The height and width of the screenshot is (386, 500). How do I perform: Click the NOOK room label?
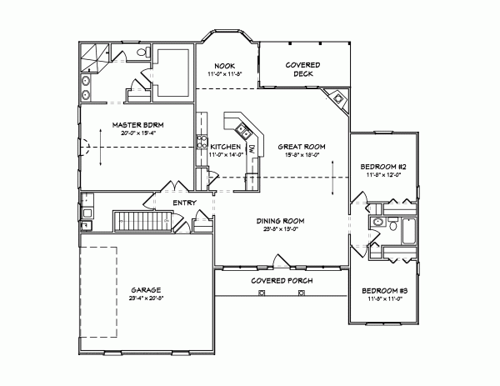(224, 65)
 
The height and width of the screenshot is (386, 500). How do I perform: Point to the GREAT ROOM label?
(301, 146)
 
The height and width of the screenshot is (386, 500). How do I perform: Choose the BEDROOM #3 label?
(383, 290)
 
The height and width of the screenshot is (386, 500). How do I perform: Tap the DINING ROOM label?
(279, 220)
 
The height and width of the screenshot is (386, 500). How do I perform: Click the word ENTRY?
(184, 203)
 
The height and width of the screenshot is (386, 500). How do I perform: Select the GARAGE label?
(145, 289)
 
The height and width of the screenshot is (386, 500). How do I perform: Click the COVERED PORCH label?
(282, 281)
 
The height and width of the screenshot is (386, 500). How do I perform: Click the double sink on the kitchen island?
(243, 130)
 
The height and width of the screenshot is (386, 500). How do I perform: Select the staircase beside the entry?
(141, 221)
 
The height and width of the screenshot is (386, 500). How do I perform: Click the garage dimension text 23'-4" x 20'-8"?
(145, 298)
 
